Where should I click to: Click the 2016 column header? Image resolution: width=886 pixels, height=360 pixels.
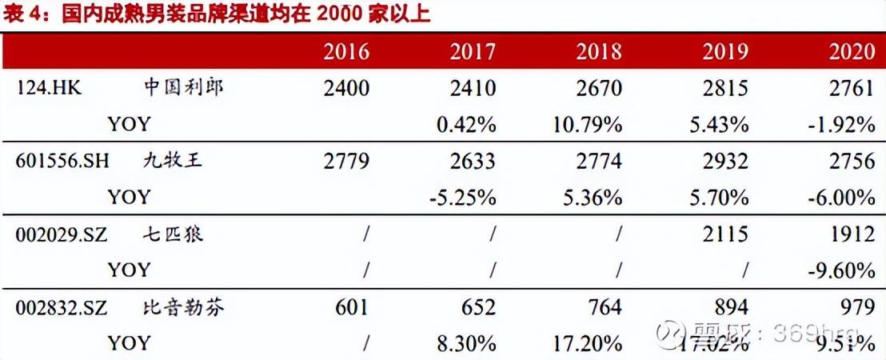pyautogui.click(x=346, y=52)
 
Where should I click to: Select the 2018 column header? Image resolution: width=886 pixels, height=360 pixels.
pyautogui.click(x=598, y=52)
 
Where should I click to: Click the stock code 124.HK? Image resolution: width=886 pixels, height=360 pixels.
pyautogui.click(x=49, y=88)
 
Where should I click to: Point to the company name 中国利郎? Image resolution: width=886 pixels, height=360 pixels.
pyautogui.click(x=184, y=87)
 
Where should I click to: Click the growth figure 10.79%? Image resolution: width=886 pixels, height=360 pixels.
pyautogui.click(x=587, y=125)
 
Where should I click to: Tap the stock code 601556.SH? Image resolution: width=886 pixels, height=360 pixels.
pyautogui.click(x=62, y=162)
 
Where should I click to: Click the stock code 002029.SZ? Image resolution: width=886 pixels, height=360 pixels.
pyautogui.click(x=62, y=234)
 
